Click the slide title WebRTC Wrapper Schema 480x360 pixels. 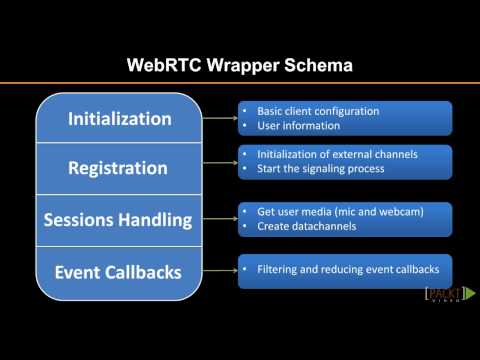tap(240, 66)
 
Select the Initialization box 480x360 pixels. tap(120, 119)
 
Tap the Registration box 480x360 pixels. tap(120, 168)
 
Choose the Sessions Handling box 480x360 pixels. tap(120, 221)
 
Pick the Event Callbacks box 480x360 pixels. tap(120, 272)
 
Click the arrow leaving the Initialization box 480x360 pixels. tap(220, 119)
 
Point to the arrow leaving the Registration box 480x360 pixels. tap(220, 162)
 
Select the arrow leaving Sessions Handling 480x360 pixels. tap(220, 219)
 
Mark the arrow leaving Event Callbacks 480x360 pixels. tap(220, 270)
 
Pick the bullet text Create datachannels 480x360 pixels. tap(299, 227)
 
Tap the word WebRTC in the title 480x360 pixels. tap(164, 66)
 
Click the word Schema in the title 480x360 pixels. tap(317, 66)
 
